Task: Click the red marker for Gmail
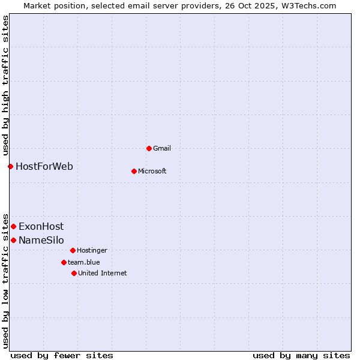click(149, 148)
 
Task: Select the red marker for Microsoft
click(134, 171)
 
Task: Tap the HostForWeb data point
click(10, 166)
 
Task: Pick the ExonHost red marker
click(13, 226)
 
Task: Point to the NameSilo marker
click(13, 240)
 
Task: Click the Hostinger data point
click(73, 250)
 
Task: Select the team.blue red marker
click(64, 262)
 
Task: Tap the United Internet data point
click(74, 273)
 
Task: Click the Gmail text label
click(162, 148)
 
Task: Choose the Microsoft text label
click(152, 171)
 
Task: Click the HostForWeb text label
click(44, 166)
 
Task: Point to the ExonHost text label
click(41, 226)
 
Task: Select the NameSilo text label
click(41, 240)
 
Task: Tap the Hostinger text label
click(92, 250)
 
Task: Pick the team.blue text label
click(84, 262)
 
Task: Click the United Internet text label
click(103, 273)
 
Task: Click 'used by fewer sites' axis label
click(62, 355)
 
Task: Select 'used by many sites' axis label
click(301, 355)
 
